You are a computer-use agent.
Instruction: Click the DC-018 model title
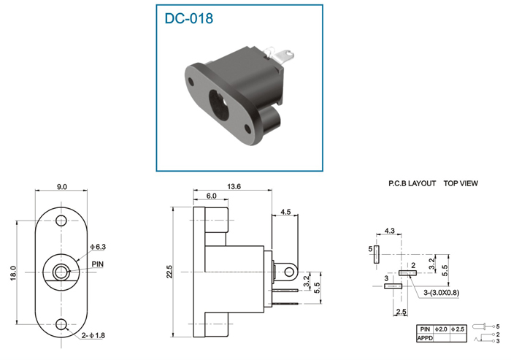tap(188, 18)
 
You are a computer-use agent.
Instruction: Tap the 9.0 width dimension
tap(61, 187)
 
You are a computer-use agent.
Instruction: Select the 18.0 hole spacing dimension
tap(13, 273)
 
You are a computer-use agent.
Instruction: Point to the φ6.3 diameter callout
tap(98, 247)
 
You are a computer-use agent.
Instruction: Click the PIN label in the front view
tap(97, 264)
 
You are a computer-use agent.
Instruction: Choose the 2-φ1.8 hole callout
tap(93, 335)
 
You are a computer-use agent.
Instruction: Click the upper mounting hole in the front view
tap(61, 221)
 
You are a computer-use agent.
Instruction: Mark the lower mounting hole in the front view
tap(61, 324)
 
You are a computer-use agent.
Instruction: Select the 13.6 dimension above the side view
tap(234, 186)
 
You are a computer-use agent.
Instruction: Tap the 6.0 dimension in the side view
tap(211, 196)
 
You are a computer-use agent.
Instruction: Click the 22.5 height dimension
tap(169, 272)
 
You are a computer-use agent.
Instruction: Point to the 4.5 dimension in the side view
tap(285, 212)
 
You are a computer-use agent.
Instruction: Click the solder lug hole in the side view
tap(289, 272)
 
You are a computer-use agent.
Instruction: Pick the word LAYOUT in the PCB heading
tap(422, 183)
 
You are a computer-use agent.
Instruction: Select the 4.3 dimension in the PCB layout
tap(389, 231)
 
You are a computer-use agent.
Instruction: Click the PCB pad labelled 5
tap(377, 254)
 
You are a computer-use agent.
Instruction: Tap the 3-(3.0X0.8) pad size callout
tap(441, 293)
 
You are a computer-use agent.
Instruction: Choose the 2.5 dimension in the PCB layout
tap(401, 311)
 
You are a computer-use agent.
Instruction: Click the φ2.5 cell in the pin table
tap(458, 329)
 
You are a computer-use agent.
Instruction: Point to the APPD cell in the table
tap(425, 338)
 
